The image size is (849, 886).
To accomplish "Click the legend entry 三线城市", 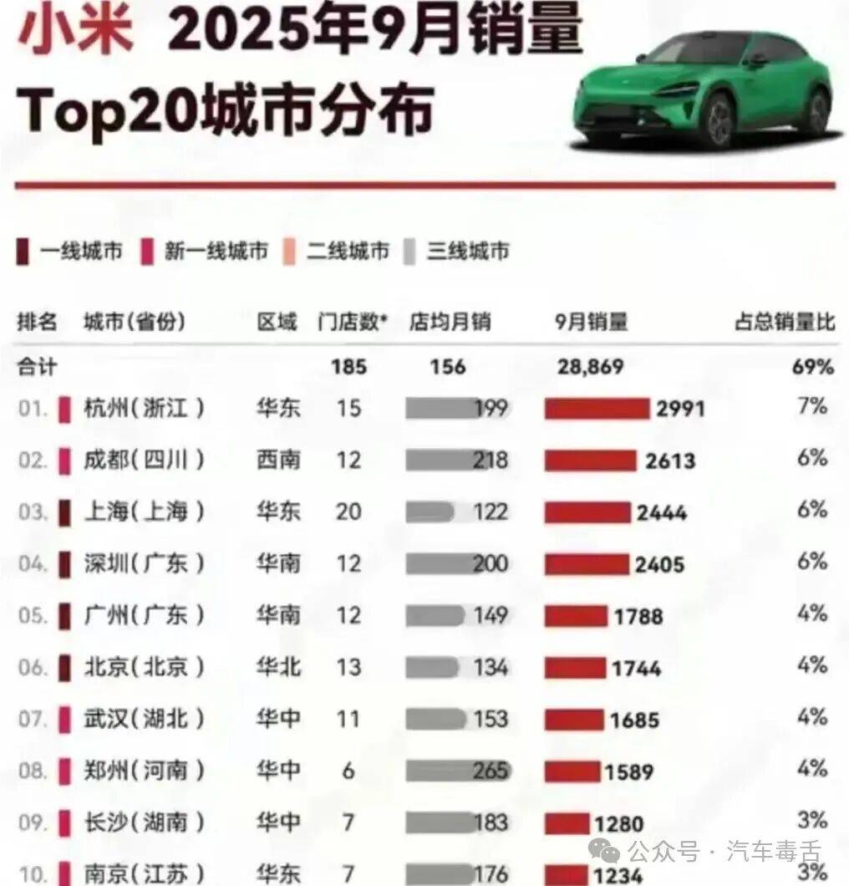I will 456,251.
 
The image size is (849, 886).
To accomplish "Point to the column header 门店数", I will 353,323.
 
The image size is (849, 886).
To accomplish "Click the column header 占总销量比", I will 784,323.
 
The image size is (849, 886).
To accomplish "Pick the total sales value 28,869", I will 589,366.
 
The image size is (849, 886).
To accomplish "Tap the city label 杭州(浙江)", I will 144,409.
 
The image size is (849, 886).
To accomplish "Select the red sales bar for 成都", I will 590,461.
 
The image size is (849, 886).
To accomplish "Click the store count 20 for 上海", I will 348,512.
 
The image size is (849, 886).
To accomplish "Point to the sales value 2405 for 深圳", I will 659,565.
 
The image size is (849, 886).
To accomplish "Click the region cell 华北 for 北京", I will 278,667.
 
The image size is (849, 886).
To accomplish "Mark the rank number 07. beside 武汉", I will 33,719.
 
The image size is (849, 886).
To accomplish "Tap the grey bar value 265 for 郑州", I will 490,771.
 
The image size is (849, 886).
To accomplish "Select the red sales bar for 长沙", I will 569,822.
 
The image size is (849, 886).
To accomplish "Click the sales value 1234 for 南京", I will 613,874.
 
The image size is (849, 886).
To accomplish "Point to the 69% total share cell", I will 814,366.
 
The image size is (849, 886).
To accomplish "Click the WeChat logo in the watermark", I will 603,851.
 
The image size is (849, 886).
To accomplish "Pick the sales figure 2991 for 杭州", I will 680,409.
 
